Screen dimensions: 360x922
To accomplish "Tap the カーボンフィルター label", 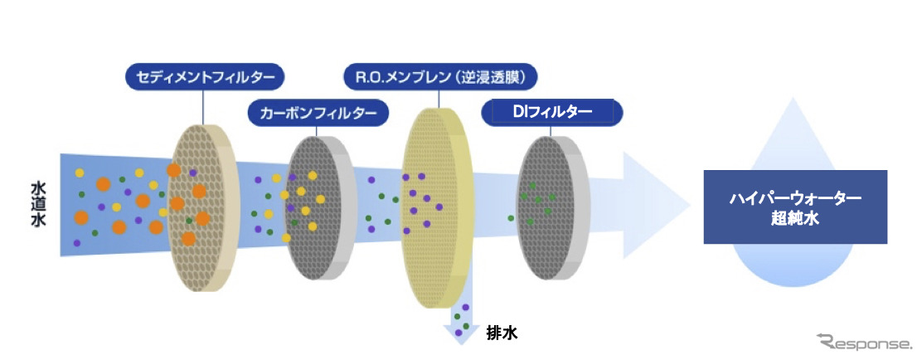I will click(x=318, y=112).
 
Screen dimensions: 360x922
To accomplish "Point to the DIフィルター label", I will click(x=551, y=112).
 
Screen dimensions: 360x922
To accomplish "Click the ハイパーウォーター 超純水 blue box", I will click(x=794, y=207).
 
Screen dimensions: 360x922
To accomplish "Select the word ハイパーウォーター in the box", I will click(x=794, y=199).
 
